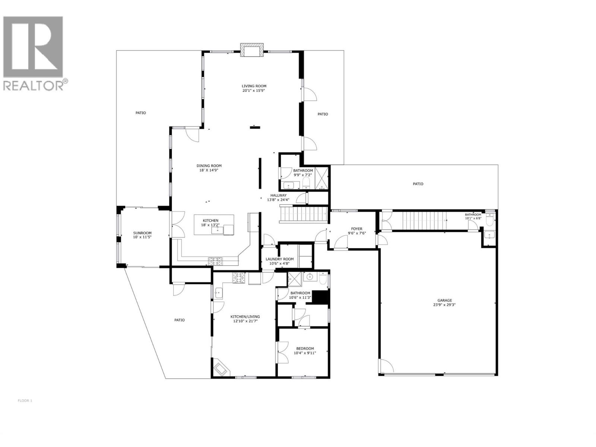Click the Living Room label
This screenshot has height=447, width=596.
[254, 86]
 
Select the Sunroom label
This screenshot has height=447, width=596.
[142, 233]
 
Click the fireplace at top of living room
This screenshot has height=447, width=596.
[252, 50]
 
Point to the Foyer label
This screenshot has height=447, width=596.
[356, 229]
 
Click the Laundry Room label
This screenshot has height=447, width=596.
[279, 259]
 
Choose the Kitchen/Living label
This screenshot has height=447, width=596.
[245, 316]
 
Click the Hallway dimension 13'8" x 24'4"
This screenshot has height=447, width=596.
[278, 200]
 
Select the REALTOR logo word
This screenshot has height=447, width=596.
[34, 85]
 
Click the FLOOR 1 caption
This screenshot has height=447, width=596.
[25, 401]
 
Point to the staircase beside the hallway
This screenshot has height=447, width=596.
[304, 215]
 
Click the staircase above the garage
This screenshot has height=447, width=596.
[425, 220]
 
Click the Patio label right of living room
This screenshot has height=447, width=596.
[323, 114]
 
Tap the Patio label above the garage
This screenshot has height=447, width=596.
[418, 184]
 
